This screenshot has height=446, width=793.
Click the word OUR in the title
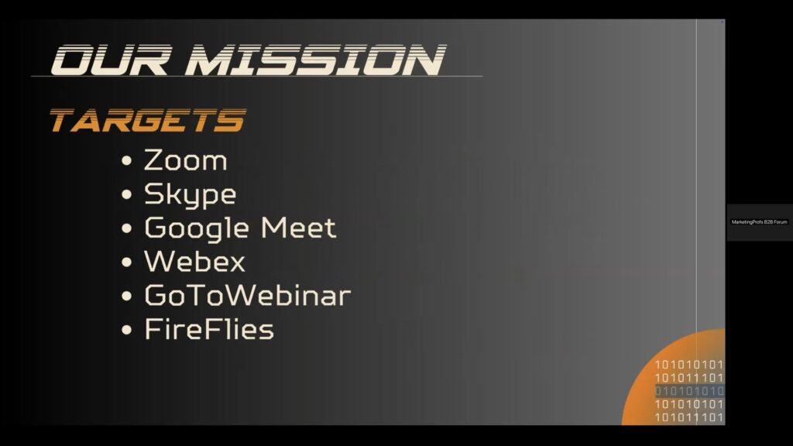(x=110, y=60)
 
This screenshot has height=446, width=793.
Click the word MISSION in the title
(x=316, y=60)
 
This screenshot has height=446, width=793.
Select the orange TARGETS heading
(x=148, y=120)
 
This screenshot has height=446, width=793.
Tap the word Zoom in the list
(x=186, y=160)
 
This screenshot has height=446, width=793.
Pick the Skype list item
(x=191, y=195)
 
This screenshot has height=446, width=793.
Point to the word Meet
(x=298, y=228)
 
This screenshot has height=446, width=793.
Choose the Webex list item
(x=194, y=262)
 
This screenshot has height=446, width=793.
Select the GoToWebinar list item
(x=247, y=295)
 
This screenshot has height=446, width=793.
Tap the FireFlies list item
(x=209, y=329)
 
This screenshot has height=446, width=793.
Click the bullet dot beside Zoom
(x=126, y=161)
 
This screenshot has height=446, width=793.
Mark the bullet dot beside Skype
(x=126, y=194)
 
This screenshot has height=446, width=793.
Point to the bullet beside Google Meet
(x=126, y=228)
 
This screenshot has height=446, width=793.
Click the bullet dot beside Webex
(x=126, y=262)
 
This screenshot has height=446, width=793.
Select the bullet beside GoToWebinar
(x=126, y=297)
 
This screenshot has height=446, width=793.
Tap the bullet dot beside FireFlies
(x=126, y=330)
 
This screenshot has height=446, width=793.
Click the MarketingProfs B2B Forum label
(x=759, y=222)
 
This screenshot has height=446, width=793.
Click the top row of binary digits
(x=688, y=365)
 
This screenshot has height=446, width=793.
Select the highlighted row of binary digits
(x=689, y=391)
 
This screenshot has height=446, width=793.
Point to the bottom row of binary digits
(x=688, y=417)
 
